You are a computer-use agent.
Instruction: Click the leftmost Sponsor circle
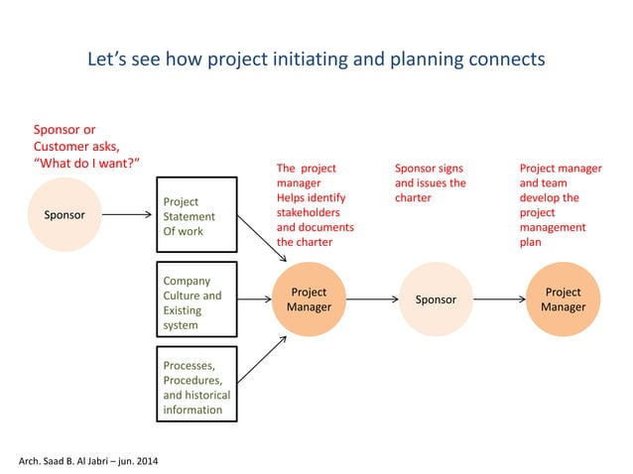point(63,214)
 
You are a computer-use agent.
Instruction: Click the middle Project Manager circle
point(309,298)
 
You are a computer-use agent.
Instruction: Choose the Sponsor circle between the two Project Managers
point(436,298)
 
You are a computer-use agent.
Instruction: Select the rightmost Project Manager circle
point(563,298)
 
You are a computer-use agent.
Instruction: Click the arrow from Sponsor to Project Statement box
point(126,214)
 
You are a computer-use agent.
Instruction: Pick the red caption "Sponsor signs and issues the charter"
point(430,182)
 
